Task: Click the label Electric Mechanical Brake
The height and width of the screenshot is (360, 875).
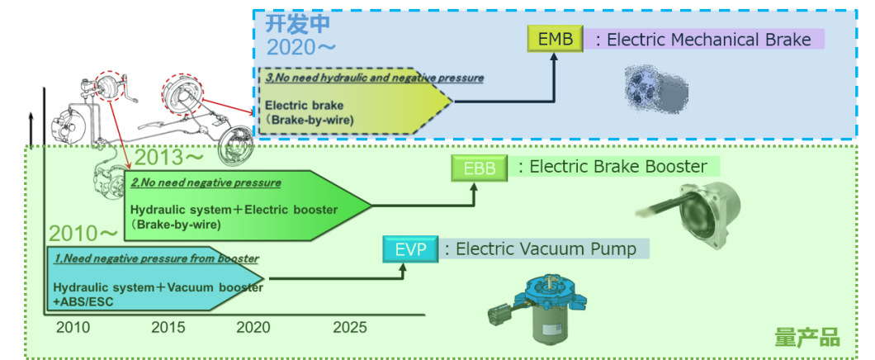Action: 708,40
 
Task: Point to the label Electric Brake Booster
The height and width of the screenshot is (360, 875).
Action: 617,167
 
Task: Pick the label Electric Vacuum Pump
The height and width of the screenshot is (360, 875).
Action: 546,249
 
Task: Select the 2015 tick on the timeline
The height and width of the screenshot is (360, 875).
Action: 168,327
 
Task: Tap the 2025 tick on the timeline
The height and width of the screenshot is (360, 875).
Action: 350,327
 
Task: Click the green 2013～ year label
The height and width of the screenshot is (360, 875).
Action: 168,156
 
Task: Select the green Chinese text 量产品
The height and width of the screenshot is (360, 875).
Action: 806,337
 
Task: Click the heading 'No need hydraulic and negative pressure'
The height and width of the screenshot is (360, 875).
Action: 374,78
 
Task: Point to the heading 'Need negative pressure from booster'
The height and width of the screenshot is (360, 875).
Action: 155,259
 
